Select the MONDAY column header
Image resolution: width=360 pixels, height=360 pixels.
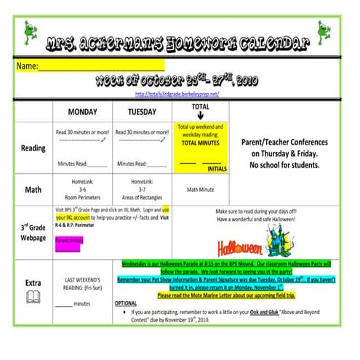point(83,112)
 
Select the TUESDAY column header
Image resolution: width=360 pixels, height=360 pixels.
point(142,112)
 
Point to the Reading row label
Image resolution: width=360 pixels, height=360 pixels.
point(33,148)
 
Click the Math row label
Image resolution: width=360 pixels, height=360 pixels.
point(33,190)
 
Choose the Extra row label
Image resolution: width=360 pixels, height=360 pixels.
point(33,281)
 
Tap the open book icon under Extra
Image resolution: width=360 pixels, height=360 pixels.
point(33,297)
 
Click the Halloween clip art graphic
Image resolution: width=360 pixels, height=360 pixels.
point(240,244)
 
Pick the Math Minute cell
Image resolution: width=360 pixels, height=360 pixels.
point(200,190)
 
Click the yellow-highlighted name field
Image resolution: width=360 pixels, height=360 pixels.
point(91,66)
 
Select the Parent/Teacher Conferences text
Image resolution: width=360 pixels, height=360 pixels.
point(287,143)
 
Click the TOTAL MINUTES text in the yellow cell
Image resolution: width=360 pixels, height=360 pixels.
point(200,143)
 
